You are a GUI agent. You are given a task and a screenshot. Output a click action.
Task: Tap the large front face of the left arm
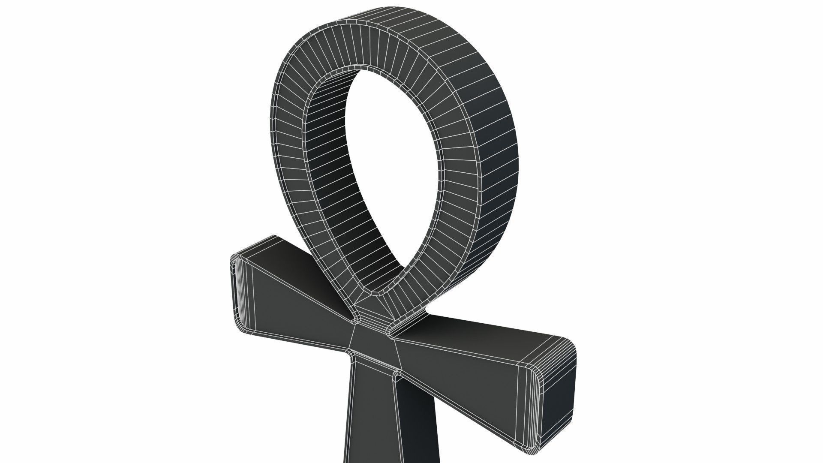300,313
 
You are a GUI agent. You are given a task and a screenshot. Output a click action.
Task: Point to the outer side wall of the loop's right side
493,150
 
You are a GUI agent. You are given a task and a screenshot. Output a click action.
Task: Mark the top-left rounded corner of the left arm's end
235,259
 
